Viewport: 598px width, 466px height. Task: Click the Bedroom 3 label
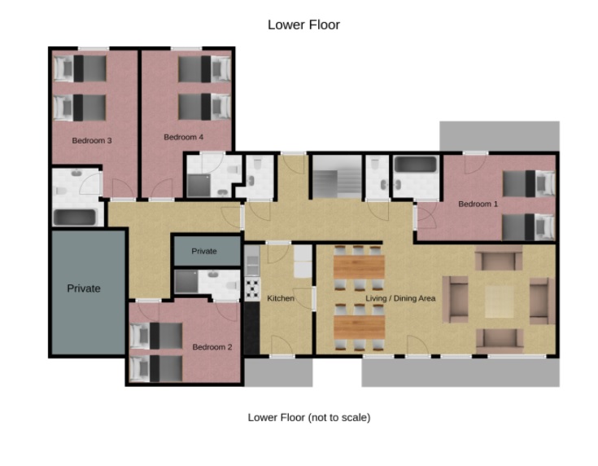(x=92, y=141)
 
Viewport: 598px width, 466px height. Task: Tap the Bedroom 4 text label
(x=183, y=137)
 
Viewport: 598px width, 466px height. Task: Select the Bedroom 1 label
(x=478, y=204)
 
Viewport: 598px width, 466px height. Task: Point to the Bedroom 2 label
(x=212, y=347)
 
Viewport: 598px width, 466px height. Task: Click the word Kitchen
(x=281, y=298)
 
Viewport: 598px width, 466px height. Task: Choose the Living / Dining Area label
(x=400, y=298)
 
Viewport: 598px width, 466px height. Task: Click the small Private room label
(x=204, y=252)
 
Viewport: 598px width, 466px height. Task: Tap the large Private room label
(x=84, y=288)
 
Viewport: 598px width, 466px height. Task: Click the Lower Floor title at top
(x=303, y=24)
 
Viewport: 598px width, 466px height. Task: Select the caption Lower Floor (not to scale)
(x=309, y=417)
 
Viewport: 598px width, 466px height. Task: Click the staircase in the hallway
(x=337, y=177)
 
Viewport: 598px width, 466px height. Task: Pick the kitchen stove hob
(x=252, y=289)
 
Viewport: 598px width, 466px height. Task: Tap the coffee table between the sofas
(x=500, y=301)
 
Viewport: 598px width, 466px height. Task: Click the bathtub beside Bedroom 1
(x=415, y=165)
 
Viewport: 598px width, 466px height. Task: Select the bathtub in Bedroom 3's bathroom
(x=74, y=218)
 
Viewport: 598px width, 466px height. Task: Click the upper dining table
(x=359, y=267)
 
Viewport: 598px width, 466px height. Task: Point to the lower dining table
(x=359, y=327)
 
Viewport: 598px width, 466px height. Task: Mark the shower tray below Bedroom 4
(x=199, y=186)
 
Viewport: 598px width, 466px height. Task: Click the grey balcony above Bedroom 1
(x=500, y=136)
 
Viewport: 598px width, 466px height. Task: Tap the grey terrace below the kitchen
(x=279, y=372)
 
